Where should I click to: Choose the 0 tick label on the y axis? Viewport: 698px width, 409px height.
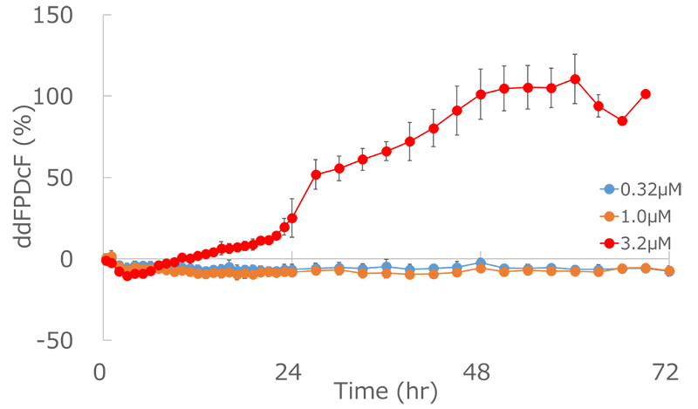pyautogui.click(x=84, y=259)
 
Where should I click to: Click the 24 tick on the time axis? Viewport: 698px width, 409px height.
pyautogui.click(x=291, y=372)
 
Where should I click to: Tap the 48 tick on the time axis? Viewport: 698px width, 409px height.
pyautogui.click(x=479, y=372)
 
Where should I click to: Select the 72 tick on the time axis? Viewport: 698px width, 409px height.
pyautogui.click(x=667, y=372)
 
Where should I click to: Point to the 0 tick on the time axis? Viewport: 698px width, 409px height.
pyautogui.click(x=102, y=372)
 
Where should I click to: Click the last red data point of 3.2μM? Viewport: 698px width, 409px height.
pyautogui.click(x=646, y=94)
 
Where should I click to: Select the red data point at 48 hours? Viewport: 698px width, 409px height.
pyautogui.click(x=481, y=94)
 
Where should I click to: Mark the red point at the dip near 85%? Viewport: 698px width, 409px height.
pyautogui.click(x=622, y=121)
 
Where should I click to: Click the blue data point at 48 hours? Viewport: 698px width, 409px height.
pyautogui.click(x=481, y=262)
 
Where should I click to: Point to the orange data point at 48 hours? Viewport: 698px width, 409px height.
pyautogui.click(x=481, y=269)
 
